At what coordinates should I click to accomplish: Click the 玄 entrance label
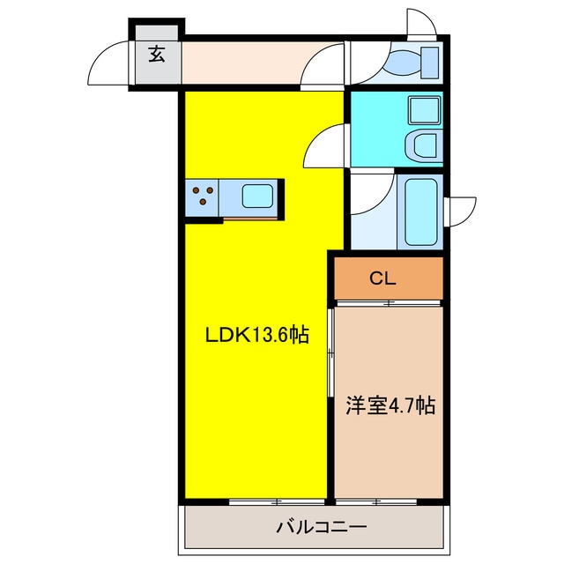tap(157, 55)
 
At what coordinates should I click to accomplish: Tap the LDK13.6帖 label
tap(256, 336)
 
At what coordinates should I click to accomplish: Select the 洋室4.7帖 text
tap(390, 405)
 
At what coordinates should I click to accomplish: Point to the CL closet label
tap(383, 278)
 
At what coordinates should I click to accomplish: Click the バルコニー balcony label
tap(322, 528)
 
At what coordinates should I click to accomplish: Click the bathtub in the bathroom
tap(421, 211)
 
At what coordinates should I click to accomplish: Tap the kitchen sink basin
tap(257, 196)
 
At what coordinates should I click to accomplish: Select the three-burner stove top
tap(202, 196)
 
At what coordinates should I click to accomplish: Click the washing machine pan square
tap(425, 110)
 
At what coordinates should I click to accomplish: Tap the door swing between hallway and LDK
tap(321, 65)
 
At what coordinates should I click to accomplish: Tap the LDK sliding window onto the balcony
tap(277, 501)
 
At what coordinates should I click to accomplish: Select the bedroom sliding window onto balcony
tap(376, 501)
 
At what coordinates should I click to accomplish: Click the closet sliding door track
tap(389, 303)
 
